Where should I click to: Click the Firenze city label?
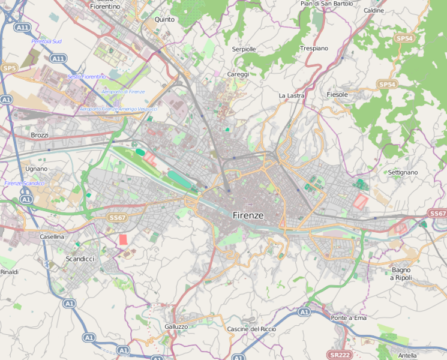click(x=248, y=215)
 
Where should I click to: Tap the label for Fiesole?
click(x=337, y=95)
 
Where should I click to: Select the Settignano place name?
click(x=403, y=172)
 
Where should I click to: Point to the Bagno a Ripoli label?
click(x=400, y=274)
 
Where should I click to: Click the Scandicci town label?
click(x=79, y=259)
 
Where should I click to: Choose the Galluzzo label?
click(x=176, y=326)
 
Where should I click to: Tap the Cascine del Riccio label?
click(x=251, y=329)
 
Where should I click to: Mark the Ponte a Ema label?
click(x=348, y=317)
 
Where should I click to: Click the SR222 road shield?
click(x=340, y=355)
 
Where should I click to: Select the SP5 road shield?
click(x=9, y=68)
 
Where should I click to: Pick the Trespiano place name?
click(x=314, y=48)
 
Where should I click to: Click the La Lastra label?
click(x=292, y=95)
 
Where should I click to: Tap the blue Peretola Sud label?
click(x=46, y=41)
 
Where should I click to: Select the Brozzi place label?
click(x=39, y=136)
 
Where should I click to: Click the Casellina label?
click(x=52, y=237)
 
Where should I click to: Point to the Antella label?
click(x=407, y=355)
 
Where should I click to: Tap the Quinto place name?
click(x=164, y=19)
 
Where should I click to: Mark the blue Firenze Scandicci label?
click(x=24, y=183)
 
